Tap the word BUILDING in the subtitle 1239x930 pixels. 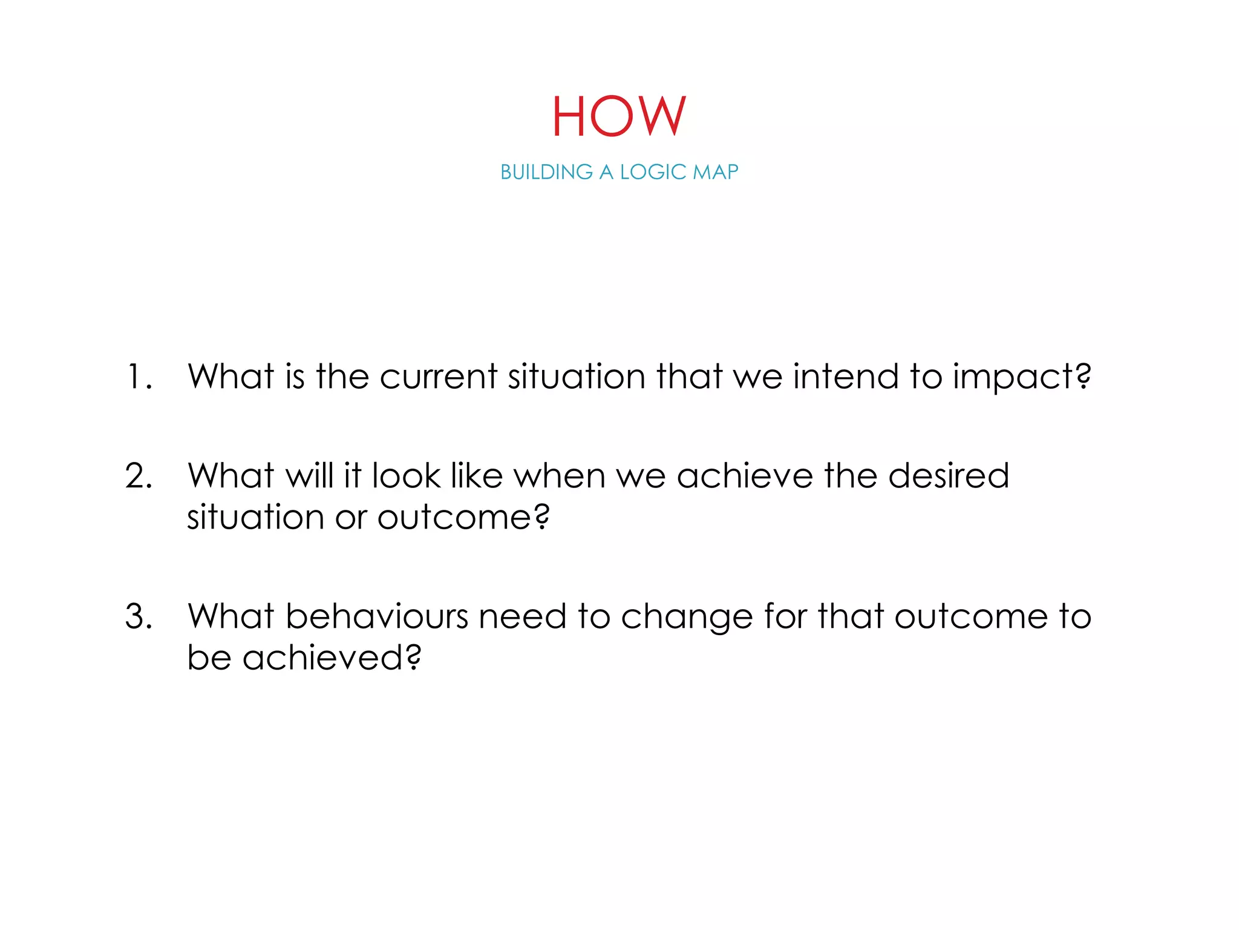coord(546,173)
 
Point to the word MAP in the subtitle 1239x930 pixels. coord(715,173)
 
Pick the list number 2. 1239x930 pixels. coord(138,476)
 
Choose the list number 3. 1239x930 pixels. coord(138,617)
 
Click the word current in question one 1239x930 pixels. coord(438,377)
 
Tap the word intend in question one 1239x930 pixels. coord(846,377)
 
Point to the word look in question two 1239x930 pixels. coord(406,476)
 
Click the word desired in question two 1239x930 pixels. coord(949,476)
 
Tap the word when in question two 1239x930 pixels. coord(560,476)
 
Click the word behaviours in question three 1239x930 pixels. coord(376,617)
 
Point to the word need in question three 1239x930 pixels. coord(523,617)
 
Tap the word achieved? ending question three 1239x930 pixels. coord(331,658)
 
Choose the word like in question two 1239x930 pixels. coord(477,476)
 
